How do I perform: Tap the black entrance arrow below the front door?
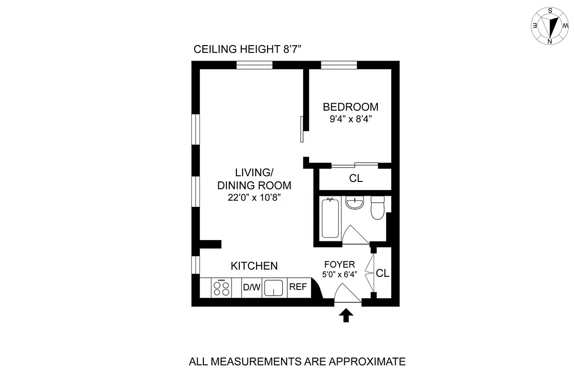pyautogui.click(x=346, y=315)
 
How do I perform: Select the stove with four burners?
pyautogui.click(x=221, y=288)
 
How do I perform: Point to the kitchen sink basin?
pyautogui.click(x=274, y=288)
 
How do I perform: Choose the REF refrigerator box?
pyautogui.click(x=298, y=288)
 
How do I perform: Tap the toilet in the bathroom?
pyautogui.click(x=377, y=207)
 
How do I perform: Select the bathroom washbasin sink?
pyautogui.click(x=355, y=204)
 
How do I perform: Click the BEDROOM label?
pyautogui.click(x=350, y=107)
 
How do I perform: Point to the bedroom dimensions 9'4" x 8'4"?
pyautogui.click(x=350, y=120)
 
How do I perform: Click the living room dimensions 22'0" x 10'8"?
pyautogui.click(x=254, y=197)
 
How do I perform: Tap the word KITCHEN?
pyautogui.click(x=254, y=266)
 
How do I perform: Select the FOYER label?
pyautogui.click(x=340, y=264)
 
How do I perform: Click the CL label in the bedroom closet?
pyautogui.click(x=356, y=179)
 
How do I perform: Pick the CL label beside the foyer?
pyautogui.click(x=383, y=274)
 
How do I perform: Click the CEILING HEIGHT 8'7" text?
pyautogui.click(x=246, y=49)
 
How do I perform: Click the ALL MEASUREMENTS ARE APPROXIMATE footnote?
pyautogui.click(x=297, y=361)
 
